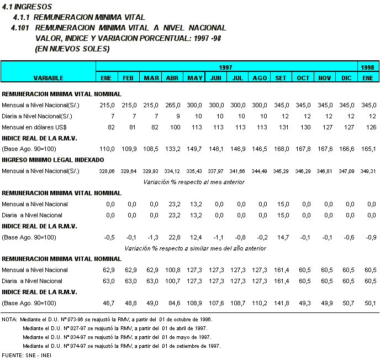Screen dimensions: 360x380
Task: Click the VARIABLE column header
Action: pyautogui.click(x=48, y=78)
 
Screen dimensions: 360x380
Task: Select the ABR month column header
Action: pyautogui.click(x=172, y=78)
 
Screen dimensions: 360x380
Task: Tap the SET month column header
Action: pyautogui.click(x=281, y=78)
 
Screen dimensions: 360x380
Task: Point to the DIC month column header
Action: pyautogui.click(x=346, y=78)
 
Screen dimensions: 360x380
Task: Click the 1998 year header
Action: pyautogui.click(x=368, y=67)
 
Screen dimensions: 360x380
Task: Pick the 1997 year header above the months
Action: pyautogui.click(x=226, y=67)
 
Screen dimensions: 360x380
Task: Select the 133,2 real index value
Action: pyautogui.click(x=172, y=149)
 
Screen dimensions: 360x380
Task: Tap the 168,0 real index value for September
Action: pyautogui.click(x=281, y=149)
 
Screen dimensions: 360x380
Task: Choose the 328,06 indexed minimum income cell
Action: pyautogui.click(x=107, y=171)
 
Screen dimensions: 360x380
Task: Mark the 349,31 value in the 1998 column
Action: pyautogui.click(x=368, y=171)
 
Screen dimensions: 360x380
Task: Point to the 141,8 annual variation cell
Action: pyautogui.click(x=281, y=303)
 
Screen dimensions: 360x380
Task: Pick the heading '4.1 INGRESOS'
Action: pyautogui.click(x=27, y=7)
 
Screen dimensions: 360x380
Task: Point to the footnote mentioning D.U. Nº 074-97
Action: pyautogui.click(x=122, y=346)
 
